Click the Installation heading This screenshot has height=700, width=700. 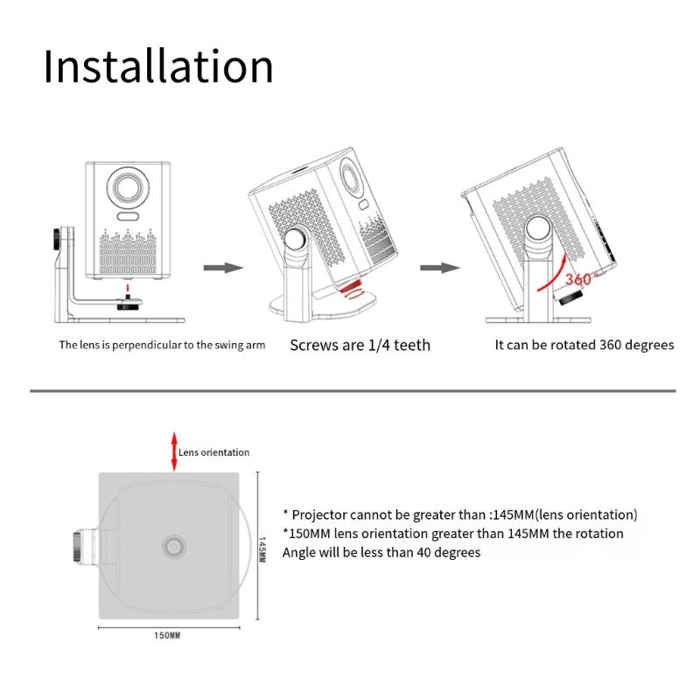(x=158, y=66)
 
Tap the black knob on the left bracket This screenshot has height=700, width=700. (x=59, y=237)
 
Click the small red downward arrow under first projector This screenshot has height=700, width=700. (x=127, y=288)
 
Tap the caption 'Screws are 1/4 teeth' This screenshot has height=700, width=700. (x=360, y=345)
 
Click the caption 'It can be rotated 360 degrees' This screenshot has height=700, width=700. (x=584, y=345)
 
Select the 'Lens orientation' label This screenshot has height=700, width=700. (x=214, y=452)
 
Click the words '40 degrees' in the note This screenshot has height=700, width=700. (x=448, y=552)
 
